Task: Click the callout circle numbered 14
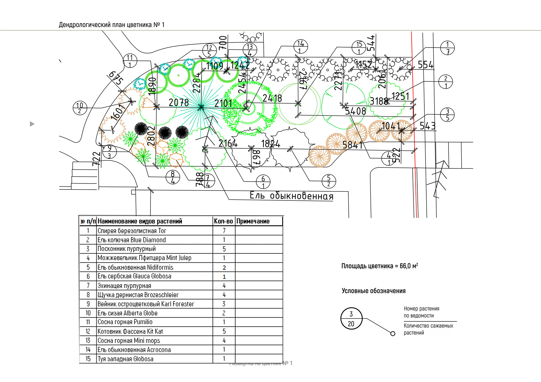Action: [300, 46]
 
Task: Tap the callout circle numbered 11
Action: [130, 61]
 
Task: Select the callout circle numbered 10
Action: [80, 108]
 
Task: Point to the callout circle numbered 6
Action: [263, 182]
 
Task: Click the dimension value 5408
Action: [355, 111]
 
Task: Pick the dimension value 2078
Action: [179, 102]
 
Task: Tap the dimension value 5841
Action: [352, 145]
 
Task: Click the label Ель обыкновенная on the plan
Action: [291, 196]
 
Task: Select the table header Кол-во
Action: [223, 221]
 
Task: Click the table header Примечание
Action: [253, 221]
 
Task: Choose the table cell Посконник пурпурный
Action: [127, 249]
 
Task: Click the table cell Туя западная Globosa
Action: [125, 359]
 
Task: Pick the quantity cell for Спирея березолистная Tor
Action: [224, 231]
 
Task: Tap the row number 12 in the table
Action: [88, 331]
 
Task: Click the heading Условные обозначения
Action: [374, 291]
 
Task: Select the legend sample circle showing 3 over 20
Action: [351, 319]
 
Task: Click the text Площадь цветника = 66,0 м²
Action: [380, 266]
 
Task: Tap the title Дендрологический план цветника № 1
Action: [112, 25]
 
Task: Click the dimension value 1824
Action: [270, 144]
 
